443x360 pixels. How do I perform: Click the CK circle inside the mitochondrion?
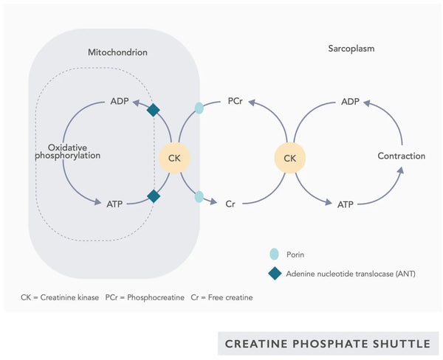coord(175,157)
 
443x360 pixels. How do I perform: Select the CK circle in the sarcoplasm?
coord(289,157)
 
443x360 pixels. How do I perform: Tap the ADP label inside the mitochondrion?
coord(120,100)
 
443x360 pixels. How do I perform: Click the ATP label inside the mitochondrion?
coord(114,202)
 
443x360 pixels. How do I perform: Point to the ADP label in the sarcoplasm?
coord(350,100)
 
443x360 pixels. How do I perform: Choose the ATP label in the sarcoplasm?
coord(346,202)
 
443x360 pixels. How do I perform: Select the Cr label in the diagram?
coord(230,202)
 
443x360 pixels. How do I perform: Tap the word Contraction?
coord(401,156)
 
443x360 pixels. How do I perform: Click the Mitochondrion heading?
coord(117,52)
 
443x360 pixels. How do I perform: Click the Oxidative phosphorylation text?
coord(69,151)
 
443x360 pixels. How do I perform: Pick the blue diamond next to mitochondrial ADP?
coord(154,110)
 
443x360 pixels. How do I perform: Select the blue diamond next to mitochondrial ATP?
coord(154,196)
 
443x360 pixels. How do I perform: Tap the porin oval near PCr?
coord(199,108)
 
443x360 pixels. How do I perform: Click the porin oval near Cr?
coord(199,197)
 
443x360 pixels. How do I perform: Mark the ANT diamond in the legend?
coord(274,274)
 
